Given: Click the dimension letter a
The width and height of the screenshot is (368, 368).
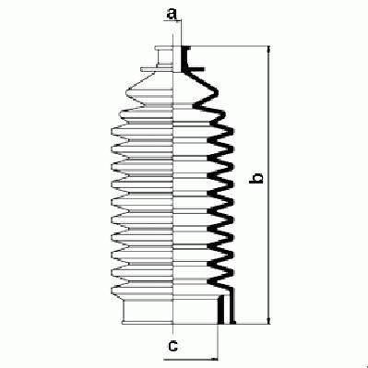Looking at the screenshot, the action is pyautogui.click(x=172, y=14).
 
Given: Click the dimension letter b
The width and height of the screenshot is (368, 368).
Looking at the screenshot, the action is pyautogui.click(x=256, y=178).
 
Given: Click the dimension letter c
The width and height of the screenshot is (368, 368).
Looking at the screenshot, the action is pyautogui.click(x=173, y=346).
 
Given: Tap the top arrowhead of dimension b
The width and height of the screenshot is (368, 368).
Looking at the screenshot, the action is pyautogui.click(x=269, y=49).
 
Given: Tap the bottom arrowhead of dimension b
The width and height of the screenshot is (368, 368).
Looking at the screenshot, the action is pyautogui.click(x=269, y=320).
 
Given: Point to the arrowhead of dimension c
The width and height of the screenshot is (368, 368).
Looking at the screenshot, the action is pyautogui.click(x=214, y=359).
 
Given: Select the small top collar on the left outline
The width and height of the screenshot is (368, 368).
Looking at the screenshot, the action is pyautogui.click(x=164, y=56).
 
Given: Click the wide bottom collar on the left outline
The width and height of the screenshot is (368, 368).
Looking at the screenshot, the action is pyautogui.click(x=148, y=312).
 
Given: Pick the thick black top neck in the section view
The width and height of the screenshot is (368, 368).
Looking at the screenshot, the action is pyautogui.click(x=184, y=58).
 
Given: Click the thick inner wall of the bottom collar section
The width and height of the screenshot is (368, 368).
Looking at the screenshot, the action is pyautogui.click(x=220, y=310).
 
